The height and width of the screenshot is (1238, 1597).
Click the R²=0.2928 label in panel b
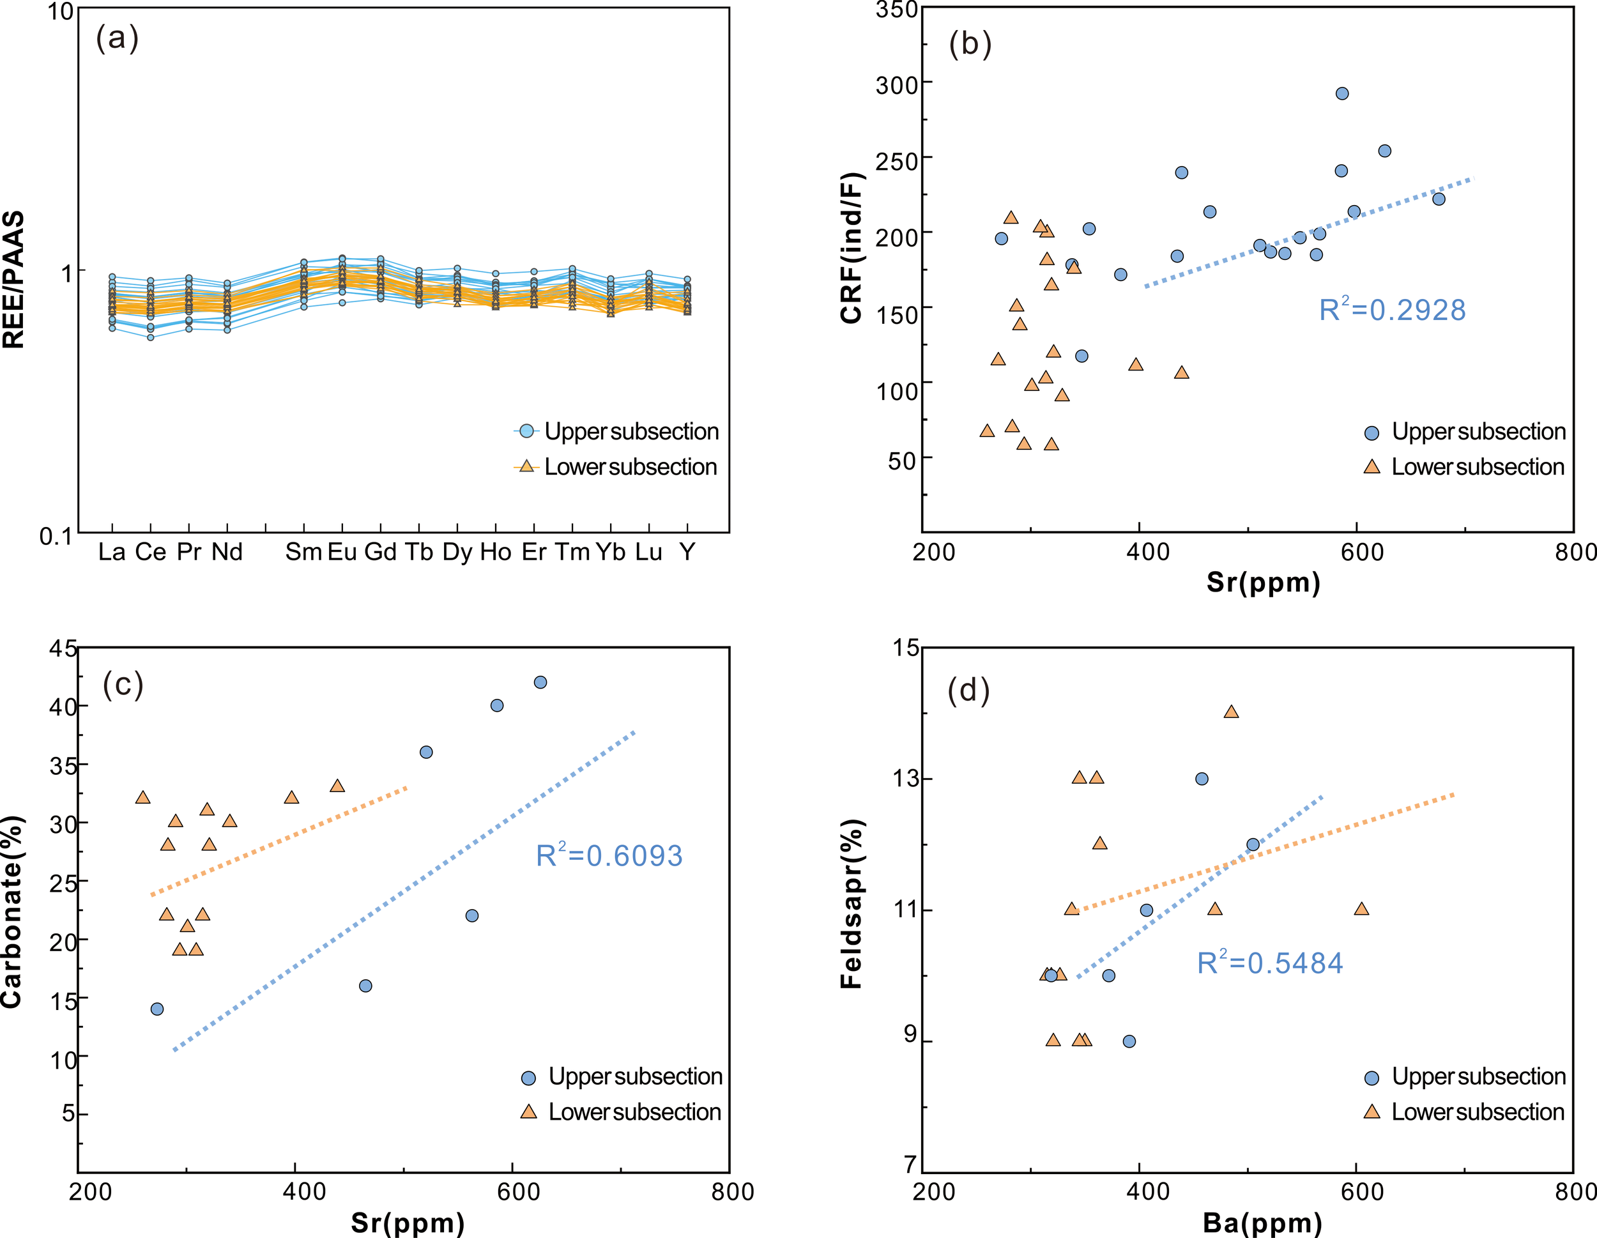[x=1391, y=310]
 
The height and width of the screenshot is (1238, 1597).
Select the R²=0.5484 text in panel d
[x=1269, y=963]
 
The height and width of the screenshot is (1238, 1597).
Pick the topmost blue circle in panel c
[x=540, y=682]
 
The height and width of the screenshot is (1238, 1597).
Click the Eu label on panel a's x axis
[x=342, y=552]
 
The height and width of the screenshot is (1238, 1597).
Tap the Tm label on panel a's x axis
[x=572, y=552]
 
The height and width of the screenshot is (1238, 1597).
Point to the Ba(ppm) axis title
[x=1262, y=1223]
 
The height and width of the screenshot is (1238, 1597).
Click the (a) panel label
[x=117, y=38]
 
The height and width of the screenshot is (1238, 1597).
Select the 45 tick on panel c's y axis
[x=64, y=648]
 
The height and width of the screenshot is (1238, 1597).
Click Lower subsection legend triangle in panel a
[x=526, y=466]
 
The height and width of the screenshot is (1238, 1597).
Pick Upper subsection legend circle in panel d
[x=1372, y=1078]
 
